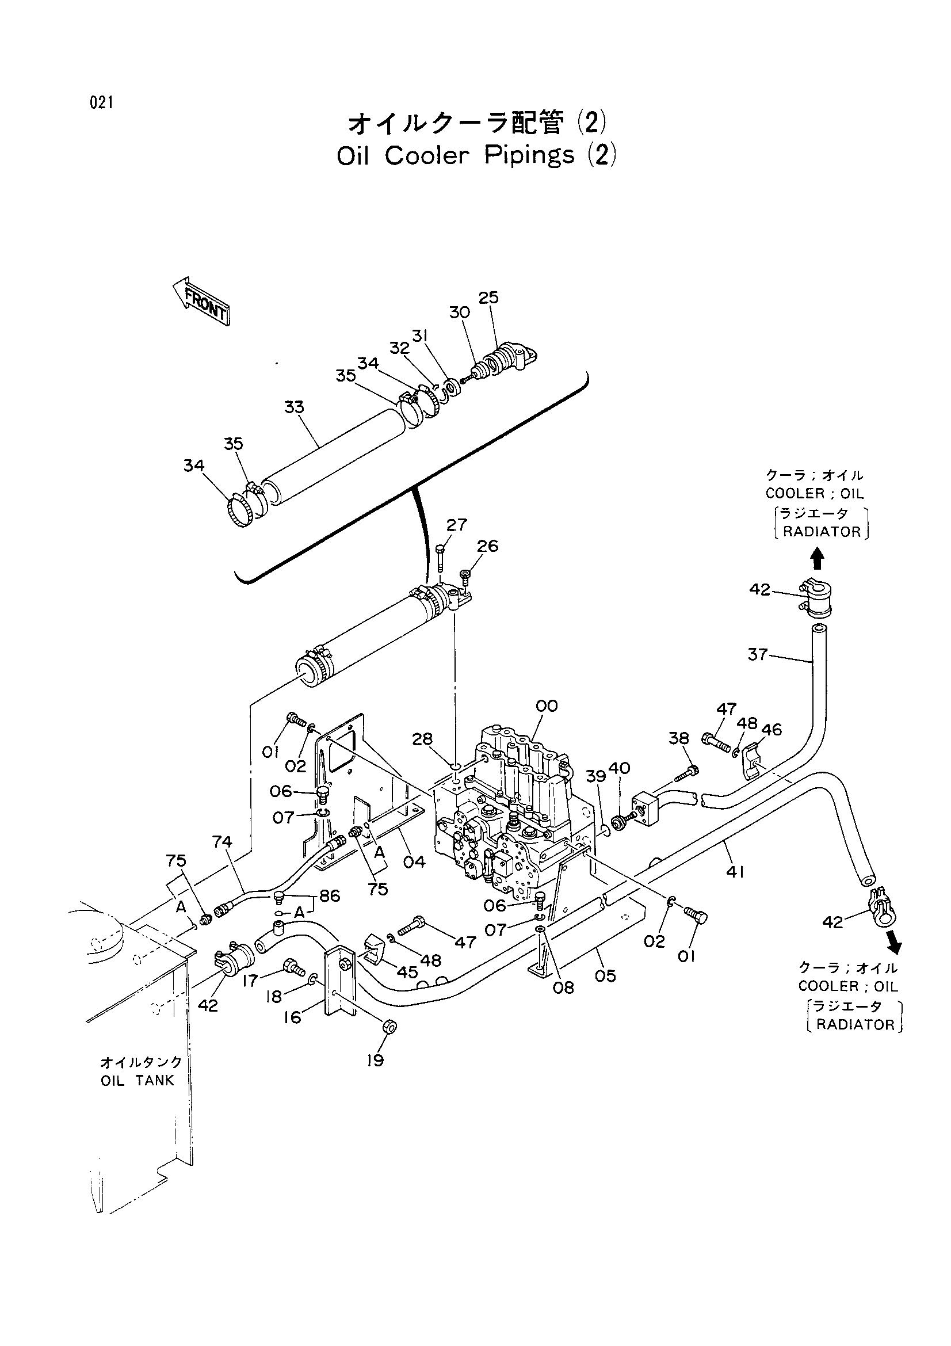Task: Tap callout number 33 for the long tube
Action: pyautogui.click(x=294, y=407)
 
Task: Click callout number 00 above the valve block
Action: pyautogui.click(x=547, y=706)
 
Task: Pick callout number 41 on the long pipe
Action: pyautogui.click(x=735, y=872)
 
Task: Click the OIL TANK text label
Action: pyautogui.click(x=138, y=1081)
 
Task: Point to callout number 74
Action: pyautogui.click(x=223, y=842)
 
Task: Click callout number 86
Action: pyautogui.click(x=330, y=896)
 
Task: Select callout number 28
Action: pyautogui.click(x=422, y=739)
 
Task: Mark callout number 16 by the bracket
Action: pyautogui.click(x=292, y=1017)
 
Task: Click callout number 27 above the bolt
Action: pyautogui.click(x=456, y=525)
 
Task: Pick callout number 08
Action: pyautogui.click(x=564, y=988)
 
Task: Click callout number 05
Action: pyautogui.click(x=605, y=976)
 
